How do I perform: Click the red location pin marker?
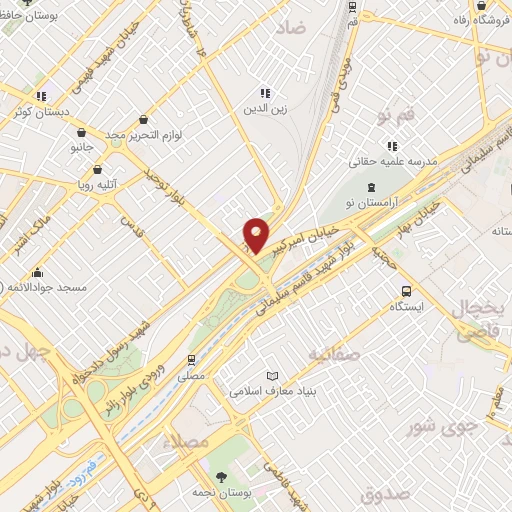[256, 235]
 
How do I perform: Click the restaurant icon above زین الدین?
[264, 93]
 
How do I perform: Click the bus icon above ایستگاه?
[405, 292]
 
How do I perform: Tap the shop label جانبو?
[79, 148]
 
